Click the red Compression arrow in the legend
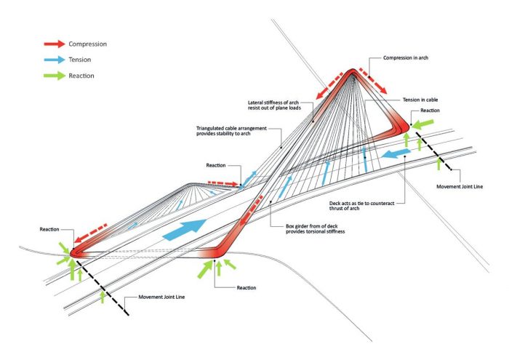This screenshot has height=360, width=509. [x=55, y=44]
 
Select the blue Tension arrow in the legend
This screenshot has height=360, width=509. [x=55, y=60]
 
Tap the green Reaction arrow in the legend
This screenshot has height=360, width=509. [x=55, y=76]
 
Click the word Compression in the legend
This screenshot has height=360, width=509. [x=88, y=44]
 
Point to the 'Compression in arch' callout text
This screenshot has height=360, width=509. [x=406, y=57]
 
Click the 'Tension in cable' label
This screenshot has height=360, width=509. [x=420, y=100]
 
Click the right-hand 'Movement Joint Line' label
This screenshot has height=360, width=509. [x=460, y=187]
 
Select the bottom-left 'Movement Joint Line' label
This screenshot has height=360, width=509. [x=161, y=297]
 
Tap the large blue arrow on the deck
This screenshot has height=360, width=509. [x=184, y=230]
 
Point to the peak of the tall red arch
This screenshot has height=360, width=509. [x=352, y=70]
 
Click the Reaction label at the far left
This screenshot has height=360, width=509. [x=49, y=229]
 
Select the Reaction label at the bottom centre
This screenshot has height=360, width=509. [x=247, y=287]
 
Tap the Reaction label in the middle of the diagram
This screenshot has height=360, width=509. [x=216, y=165]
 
